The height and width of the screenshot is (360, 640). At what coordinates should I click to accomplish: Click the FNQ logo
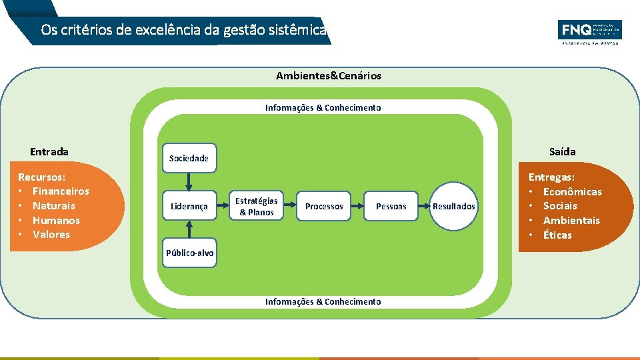(589, 31)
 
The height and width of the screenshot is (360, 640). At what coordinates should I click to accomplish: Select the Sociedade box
(189, 158)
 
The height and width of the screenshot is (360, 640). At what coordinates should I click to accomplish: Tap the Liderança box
(189, 206)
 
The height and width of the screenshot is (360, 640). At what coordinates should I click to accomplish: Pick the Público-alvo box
(190, 253)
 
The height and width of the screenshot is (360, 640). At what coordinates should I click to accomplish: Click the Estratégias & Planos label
(257, 206)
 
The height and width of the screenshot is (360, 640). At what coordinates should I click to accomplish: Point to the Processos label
(324, 206)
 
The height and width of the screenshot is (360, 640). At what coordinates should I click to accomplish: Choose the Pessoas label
(391, 206)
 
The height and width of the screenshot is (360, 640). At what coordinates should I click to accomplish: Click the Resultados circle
(454, 206)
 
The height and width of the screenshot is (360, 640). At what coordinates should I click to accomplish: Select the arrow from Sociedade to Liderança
(189, 182)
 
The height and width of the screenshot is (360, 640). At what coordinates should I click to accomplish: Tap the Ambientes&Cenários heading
(329, 76)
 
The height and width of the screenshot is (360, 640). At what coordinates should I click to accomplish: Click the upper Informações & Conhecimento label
(323, 107)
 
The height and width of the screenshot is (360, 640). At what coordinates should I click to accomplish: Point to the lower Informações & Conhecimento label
(323, 301)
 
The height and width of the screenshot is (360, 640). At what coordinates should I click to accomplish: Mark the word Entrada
(49, 151)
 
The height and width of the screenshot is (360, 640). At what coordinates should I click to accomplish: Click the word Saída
(562, 151)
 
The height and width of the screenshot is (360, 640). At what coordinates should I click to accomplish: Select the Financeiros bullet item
(61, 191)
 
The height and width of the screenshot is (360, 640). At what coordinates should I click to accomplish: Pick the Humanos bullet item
(56, 220)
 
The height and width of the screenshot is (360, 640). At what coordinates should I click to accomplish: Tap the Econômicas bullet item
(572, 192)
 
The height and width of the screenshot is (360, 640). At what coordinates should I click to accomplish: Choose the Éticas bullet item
(557, 235)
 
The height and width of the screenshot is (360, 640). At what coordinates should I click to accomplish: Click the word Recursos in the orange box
(41, 177)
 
